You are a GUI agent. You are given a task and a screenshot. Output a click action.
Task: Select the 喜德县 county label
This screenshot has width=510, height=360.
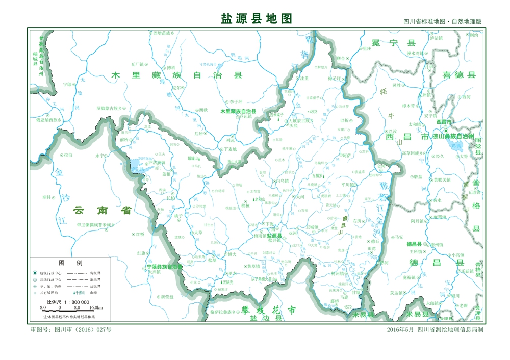(458, 75)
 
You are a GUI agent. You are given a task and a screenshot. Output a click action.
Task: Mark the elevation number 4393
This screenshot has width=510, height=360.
(313, 111)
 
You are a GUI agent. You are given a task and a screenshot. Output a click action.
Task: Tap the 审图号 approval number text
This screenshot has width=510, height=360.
(71, 330)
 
